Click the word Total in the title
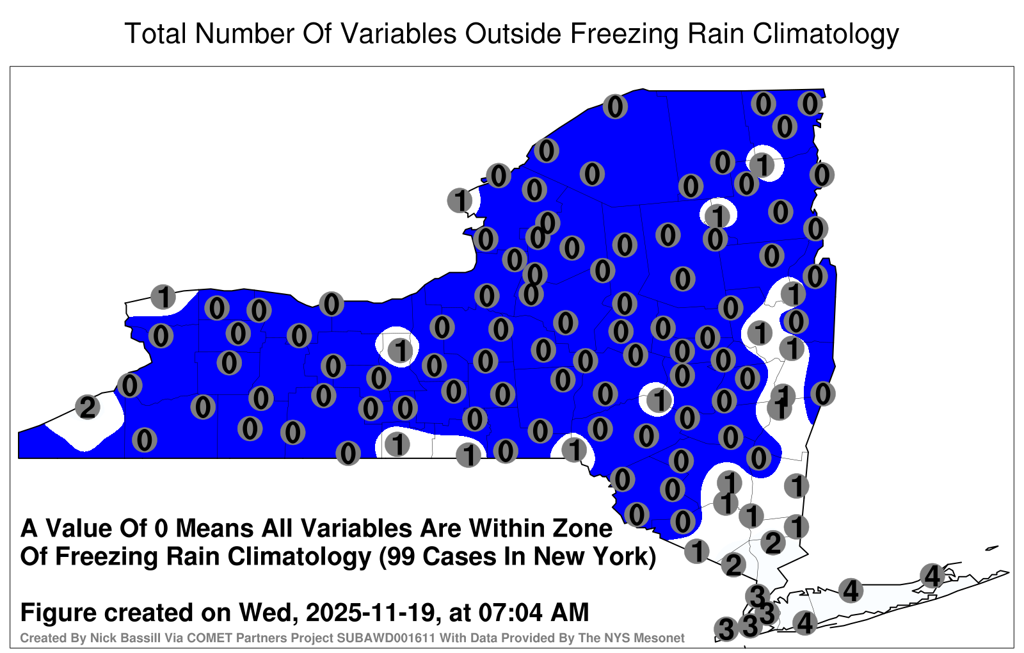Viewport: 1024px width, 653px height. tap(155, 33)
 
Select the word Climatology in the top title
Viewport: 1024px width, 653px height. tap(826, 35)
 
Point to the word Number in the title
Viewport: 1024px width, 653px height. tap(244, 33)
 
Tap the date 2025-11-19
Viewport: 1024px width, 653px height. tap(370, 613)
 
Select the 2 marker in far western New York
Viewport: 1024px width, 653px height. tap(88, 407)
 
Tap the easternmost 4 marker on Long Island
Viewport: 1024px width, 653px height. tap(932, 576)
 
